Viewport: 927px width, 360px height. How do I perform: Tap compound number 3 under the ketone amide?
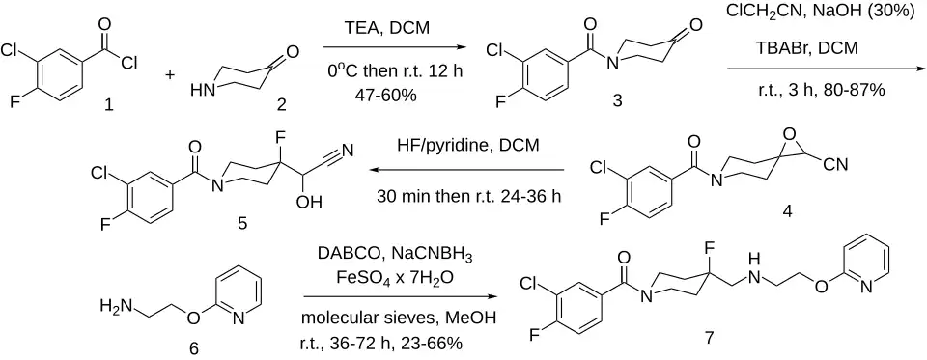point(617,101)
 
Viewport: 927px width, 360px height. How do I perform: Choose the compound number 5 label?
point(240,224)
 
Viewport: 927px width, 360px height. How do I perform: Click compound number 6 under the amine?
point(193,348)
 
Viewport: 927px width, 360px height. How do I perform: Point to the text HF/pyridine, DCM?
point(467,146)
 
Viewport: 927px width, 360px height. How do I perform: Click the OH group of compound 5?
point(309,202)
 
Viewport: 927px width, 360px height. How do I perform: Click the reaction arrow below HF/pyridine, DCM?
point(467,170)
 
